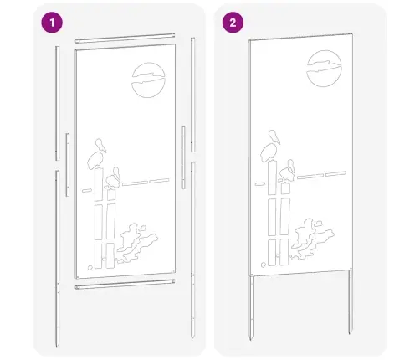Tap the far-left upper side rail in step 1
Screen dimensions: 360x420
[x=57, y=100]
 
